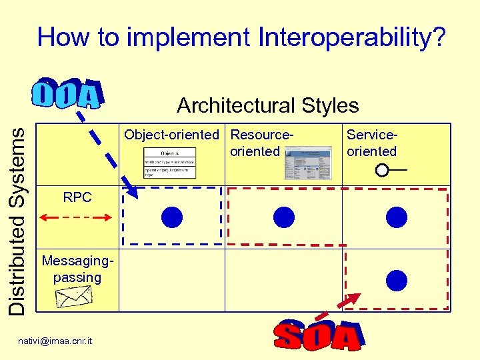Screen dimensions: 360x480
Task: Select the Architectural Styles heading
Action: [267, 105]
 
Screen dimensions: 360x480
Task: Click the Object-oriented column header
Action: [171, 135]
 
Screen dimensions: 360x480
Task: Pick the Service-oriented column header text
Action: [371, 143]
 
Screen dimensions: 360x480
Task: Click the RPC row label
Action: [77, 197]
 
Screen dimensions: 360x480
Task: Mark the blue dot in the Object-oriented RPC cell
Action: [172, 217]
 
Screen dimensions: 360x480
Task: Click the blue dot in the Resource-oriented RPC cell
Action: [284, 217]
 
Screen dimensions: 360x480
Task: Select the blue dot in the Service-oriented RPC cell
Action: [397, 217]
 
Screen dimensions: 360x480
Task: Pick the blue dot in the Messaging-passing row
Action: [397, 280]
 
